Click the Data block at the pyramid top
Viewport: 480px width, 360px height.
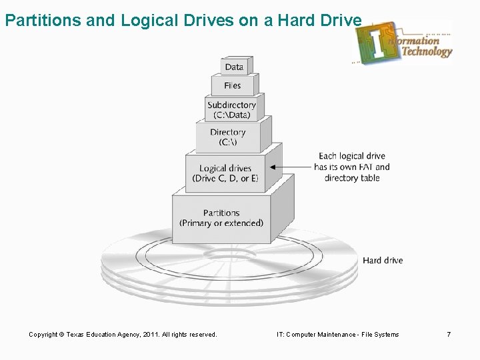(x=234, y=67)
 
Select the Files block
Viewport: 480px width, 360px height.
(x=233, y=85)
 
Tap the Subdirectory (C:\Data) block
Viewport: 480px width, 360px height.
(x=231, y=109)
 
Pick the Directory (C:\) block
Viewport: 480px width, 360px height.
(x=228, y=137)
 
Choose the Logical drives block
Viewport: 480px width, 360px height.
(x=225, y=173)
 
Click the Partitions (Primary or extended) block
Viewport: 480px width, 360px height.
(x=221, y=218)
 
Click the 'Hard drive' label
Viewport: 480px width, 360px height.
(x=383, y=260)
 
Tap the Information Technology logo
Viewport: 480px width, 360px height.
(x=403, y=41)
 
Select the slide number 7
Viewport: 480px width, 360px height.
(x=449, y=334)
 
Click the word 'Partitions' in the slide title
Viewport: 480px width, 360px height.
(x=43, y=20)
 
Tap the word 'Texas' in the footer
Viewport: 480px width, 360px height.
(x=75, y=334)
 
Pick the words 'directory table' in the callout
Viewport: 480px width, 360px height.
(x=352, y=178)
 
